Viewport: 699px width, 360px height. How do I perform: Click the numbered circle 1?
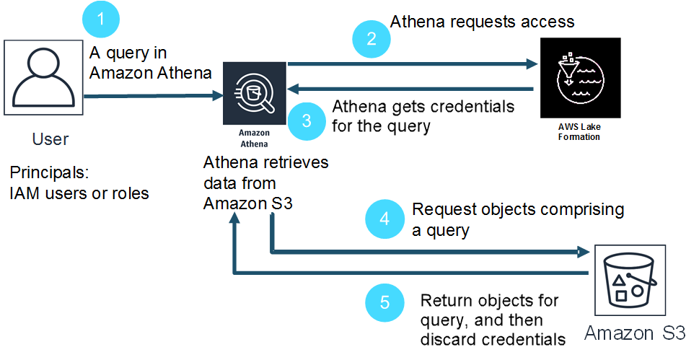[x=101, y=19]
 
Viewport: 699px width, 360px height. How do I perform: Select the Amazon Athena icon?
[x=254, y=94]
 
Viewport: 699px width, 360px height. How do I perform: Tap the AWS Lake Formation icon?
[x=579, y=78]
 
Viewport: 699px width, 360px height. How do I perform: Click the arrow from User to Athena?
[x=151, y=95]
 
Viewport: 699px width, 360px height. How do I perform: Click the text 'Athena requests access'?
[x=482, y=22]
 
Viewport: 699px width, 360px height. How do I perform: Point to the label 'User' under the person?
[x=50, y=139]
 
